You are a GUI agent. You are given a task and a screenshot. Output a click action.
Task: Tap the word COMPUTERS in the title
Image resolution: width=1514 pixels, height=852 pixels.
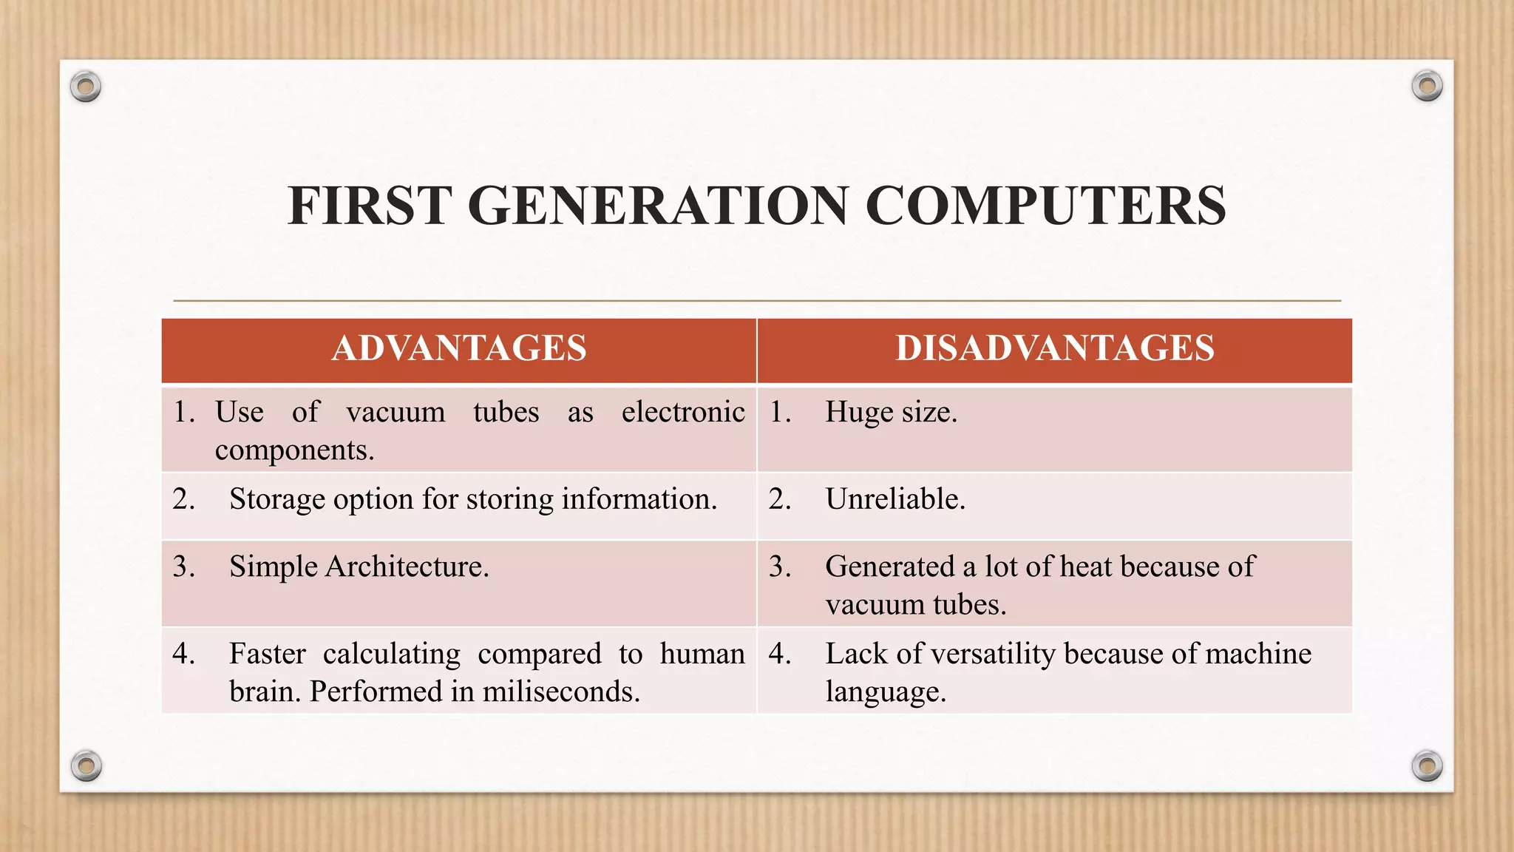1045,205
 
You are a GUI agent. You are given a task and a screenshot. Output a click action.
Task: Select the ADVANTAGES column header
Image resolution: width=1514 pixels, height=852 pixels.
459,348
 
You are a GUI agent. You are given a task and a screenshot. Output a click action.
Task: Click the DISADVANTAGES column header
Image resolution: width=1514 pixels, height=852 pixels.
1055,348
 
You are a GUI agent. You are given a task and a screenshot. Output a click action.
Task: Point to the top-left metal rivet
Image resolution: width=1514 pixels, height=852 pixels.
86,87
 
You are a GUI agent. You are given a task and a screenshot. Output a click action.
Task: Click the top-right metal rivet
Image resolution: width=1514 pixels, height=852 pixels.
1427,87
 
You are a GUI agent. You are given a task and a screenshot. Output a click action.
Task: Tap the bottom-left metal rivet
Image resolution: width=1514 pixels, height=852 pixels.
86,765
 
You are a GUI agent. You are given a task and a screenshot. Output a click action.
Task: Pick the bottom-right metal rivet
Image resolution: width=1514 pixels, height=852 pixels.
1427,765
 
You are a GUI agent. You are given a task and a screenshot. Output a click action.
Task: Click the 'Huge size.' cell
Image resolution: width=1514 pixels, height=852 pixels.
891,412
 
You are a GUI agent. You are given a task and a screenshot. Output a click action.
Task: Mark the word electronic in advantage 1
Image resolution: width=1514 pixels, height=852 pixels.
683,412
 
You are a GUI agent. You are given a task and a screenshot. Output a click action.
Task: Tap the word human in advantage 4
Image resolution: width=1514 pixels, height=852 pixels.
702,654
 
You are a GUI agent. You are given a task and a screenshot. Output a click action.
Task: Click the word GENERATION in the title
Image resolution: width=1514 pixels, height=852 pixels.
658,205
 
